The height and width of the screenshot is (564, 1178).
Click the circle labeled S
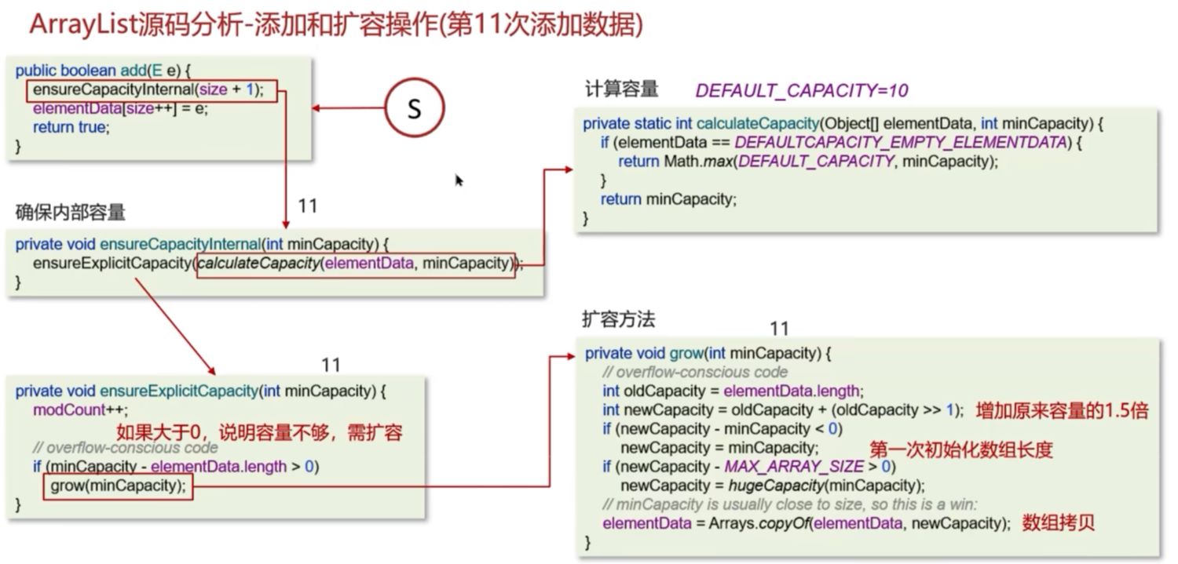(415, 108)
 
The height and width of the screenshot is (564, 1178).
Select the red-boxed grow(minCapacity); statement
(118, 486)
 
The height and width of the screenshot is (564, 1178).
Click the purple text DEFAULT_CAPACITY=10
(801, 91)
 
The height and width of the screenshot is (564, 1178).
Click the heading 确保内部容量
(71, 212)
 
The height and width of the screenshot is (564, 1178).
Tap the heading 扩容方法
(618, 319)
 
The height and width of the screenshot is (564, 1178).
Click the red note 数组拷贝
(1058, 523)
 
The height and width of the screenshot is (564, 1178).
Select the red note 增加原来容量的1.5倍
(1062, 410)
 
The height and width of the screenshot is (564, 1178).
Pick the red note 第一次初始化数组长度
(960, 449)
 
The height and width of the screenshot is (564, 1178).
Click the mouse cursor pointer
(459, 180)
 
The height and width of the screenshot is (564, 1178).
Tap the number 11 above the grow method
(779, 328)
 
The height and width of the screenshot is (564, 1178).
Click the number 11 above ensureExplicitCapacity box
(331, 365)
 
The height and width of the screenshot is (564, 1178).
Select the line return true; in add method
(70, 127)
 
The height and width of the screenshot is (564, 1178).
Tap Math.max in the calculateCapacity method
(690, 162)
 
